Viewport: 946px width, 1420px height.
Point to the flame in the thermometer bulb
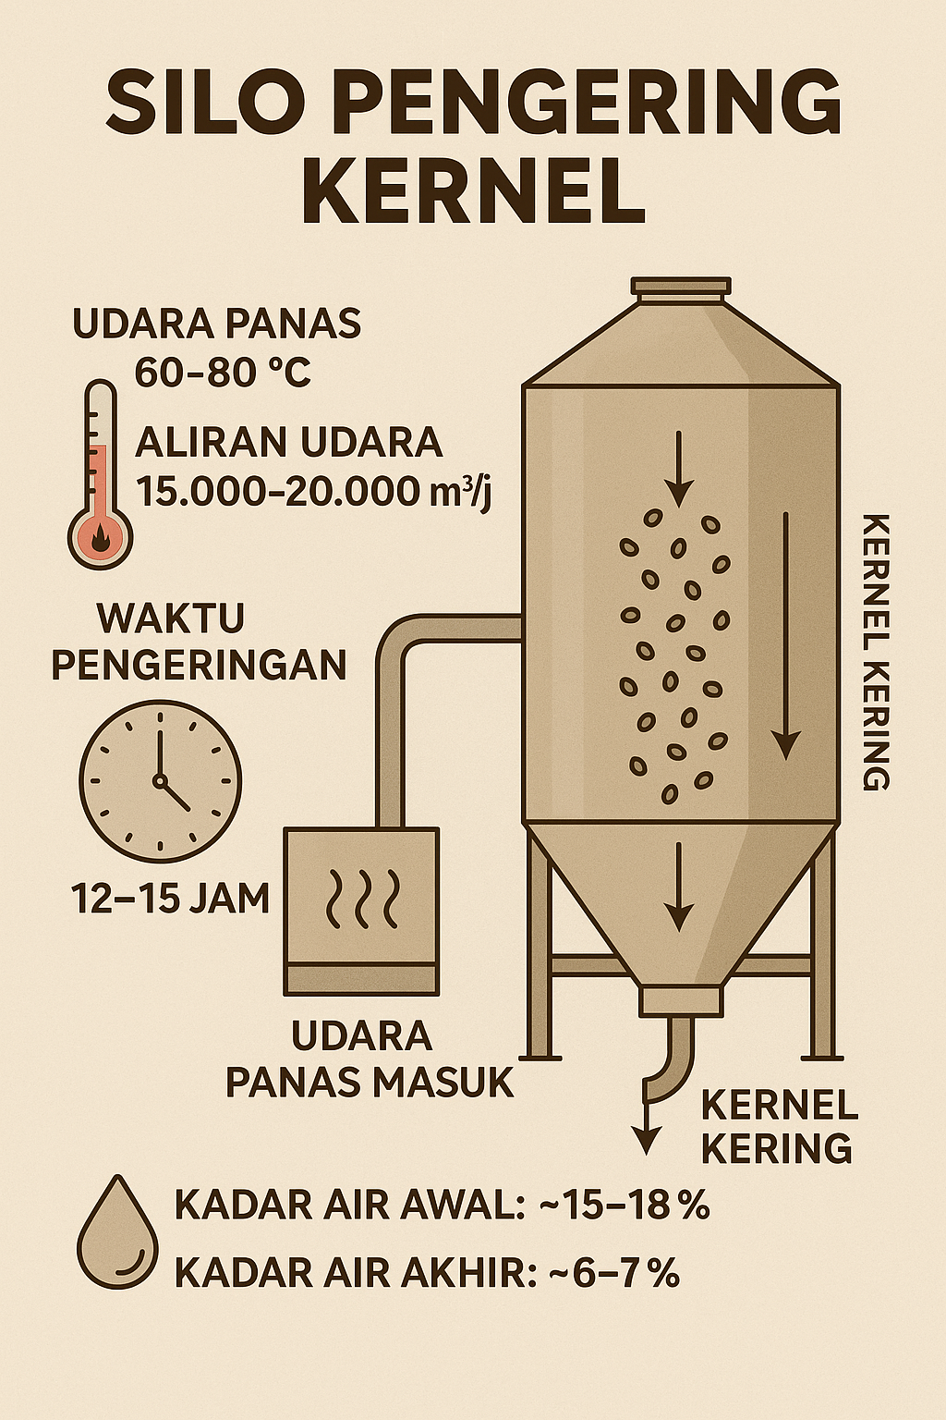100,541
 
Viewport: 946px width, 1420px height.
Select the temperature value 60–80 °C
222,372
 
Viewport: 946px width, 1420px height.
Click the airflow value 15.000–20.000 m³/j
314,490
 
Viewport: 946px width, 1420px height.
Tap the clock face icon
160,781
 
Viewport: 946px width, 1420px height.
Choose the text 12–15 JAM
170,898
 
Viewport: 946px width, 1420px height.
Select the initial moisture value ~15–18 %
628,1206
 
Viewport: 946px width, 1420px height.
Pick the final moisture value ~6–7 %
613,1274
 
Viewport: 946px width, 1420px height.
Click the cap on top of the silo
680,288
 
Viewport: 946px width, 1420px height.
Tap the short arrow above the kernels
679,468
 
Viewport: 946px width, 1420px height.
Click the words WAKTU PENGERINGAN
198,641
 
